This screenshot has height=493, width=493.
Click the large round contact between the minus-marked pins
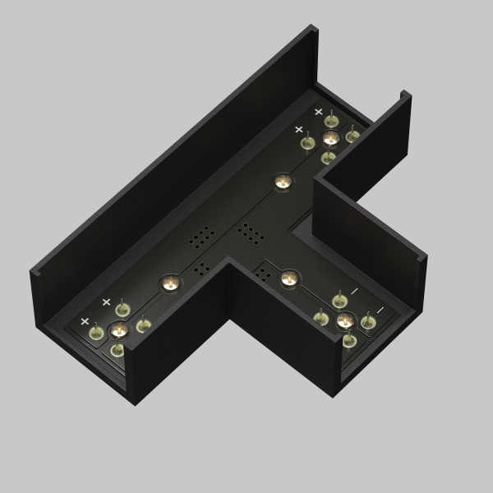tap(345, 320)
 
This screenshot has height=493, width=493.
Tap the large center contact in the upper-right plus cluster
tap(330, 137)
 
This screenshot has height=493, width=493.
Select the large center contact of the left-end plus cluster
tap(117, 330)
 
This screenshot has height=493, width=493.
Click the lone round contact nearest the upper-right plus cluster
tap(283, 182)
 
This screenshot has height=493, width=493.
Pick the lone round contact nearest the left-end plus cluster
tap(169, 283)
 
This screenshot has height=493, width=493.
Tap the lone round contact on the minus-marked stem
tap(288, 279)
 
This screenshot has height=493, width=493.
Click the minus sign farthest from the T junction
tap(380, 310)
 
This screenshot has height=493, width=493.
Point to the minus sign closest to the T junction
tap(354, 291)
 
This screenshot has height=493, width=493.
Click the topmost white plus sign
tap(319, 111)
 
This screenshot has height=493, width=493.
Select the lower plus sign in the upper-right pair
tap(299, 129)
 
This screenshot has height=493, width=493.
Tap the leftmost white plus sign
tap(85, 320)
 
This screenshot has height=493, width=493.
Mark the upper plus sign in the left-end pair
tap(106, 302)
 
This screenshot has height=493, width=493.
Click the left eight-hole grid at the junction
tap(201, 238)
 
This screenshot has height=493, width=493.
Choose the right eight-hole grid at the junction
tap(249, 234)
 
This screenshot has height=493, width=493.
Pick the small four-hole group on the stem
tap(265, 271)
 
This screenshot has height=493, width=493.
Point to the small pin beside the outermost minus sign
tap(368, 321)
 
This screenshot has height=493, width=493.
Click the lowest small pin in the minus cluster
tap(349, 339)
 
